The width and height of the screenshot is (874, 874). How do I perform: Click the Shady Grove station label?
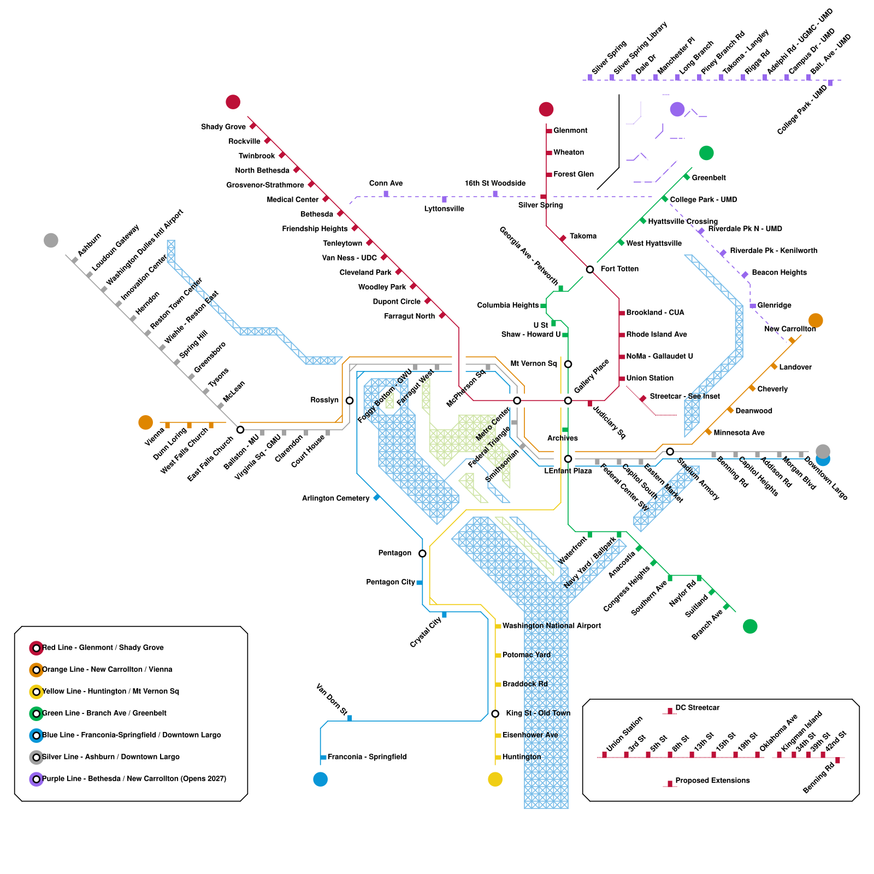(x=223, y=127)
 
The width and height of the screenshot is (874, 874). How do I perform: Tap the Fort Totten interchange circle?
(x=590, y=269)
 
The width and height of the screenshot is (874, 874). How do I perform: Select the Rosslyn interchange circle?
(x=350, y=400)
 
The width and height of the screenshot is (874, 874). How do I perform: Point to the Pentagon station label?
(x=394, y=553)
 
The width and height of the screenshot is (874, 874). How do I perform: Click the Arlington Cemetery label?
(x=335, y=498)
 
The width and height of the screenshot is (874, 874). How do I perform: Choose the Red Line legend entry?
(x=103, y=648)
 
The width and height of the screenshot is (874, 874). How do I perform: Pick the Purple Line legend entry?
(x=134, y=779)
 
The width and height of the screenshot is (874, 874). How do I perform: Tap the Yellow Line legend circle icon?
(x=36, y=692)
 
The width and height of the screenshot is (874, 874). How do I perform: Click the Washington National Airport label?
(x=552, y=626)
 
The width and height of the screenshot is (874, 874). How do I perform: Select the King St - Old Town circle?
(x=495, y=713)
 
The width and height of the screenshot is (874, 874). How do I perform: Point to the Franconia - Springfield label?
(x=367, y=757)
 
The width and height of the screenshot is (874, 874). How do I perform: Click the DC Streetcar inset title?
(x=697, y=708)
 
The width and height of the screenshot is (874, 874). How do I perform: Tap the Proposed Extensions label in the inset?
(x=712, y=781)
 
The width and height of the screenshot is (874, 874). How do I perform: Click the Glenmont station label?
(x=570, y=131)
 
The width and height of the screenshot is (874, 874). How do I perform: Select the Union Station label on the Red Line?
(x=649, y=378)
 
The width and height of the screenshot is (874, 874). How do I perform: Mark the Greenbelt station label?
(x=708, y=178)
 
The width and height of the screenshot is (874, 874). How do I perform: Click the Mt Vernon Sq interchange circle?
(x=568, y=364)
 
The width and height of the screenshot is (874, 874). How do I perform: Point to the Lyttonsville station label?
(x=444, y=209)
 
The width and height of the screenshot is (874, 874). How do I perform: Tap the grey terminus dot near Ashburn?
(x=51, y=240)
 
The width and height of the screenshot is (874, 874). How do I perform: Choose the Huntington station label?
(x=522, y=757)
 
